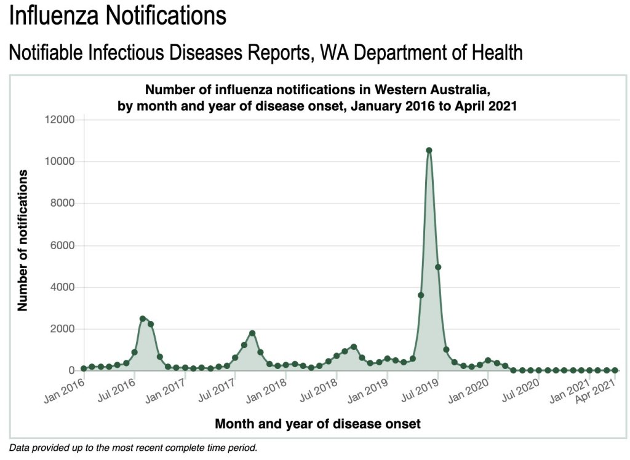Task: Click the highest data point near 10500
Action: pos(429,150)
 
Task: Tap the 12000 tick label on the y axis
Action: pos(60,119)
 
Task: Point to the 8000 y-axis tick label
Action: pos(62,203)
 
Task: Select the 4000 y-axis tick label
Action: pos(62,287)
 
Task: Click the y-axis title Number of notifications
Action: pos(23,240)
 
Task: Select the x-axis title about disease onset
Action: pos(317,424)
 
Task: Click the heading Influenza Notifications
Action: pos(118,16)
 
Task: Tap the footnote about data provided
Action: pos(133,448)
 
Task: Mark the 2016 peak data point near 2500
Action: pos(143,319)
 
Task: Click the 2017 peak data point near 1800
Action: pos(252,333)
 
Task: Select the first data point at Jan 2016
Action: pos(84,368)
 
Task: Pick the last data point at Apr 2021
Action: pos(615,370)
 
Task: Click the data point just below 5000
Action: pos(438,267)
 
